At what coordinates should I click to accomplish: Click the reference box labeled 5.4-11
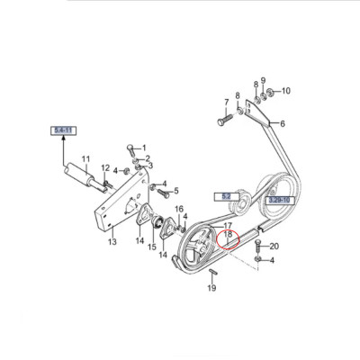(64, 130)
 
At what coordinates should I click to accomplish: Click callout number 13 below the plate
(112, 242)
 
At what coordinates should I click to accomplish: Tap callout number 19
(211, 288)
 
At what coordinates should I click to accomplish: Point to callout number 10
(285, 91)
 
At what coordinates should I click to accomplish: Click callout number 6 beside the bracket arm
(282, 123)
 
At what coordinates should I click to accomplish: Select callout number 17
(228, 226)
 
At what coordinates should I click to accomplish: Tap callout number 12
(104, 168)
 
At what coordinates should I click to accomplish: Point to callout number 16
(179, 209)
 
